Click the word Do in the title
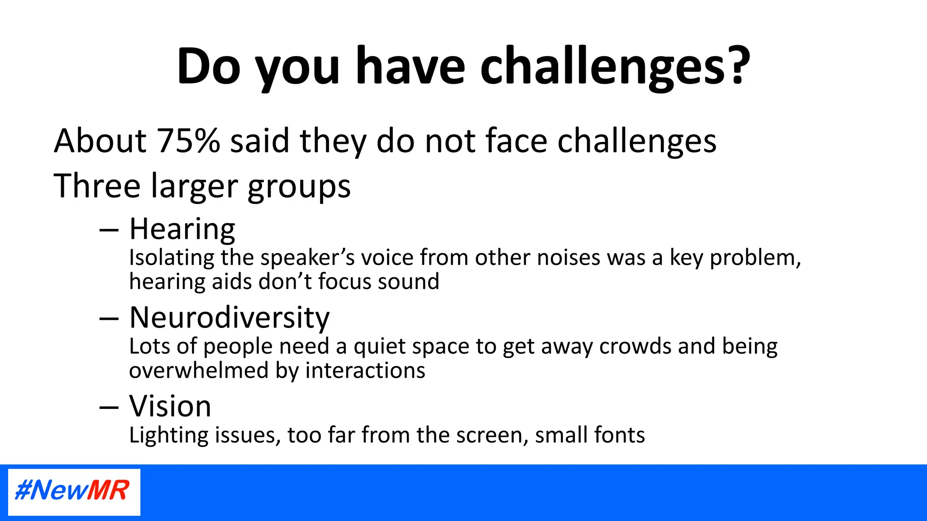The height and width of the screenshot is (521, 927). [x=209, y=66]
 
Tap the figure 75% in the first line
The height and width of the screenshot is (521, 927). [x=188, y=141]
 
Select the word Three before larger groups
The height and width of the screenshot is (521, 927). [x=97, y=186]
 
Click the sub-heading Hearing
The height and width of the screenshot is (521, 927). [x=182, y=229]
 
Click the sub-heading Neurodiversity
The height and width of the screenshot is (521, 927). [x=229, y=317]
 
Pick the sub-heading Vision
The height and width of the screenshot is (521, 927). [x=170, y=406]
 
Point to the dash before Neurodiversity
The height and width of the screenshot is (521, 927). [x=109, y=319]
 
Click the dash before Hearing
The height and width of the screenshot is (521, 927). [x=109, y=231]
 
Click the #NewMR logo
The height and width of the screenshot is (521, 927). [x=74, y=492]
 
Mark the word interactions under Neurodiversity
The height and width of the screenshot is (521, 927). [x=365, y=371]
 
